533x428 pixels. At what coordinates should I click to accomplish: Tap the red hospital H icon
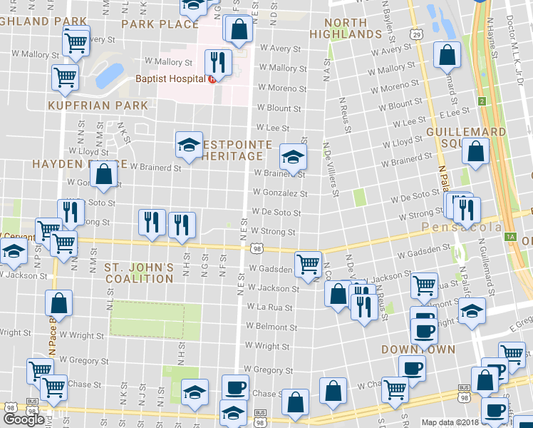pyautogui.click(x=212, y=78)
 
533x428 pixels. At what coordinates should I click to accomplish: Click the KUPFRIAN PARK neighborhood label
pyautogui.click(x=98, y=106)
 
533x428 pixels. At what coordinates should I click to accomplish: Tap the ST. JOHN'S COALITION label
pyautogui.click(x=139, y=273)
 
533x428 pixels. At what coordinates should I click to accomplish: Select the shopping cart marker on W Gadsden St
pyautogui.click(x=309, y=263)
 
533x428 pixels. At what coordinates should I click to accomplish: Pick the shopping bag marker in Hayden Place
pyautogui.click(x=104, y=175)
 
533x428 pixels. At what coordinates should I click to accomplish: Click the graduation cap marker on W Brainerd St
pyautogui.click(x=292, y=156)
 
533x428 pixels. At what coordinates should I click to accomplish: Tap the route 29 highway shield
pyautogui.click(x=417, y=34)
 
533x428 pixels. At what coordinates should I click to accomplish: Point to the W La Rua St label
pyautogui.click(x=272, y=307)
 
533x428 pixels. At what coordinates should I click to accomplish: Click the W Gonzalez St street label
pyautogui.click(x=283, y=193)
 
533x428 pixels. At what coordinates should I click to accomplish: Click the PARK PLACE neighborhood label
pyautogui.click(x=160, y=24)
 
